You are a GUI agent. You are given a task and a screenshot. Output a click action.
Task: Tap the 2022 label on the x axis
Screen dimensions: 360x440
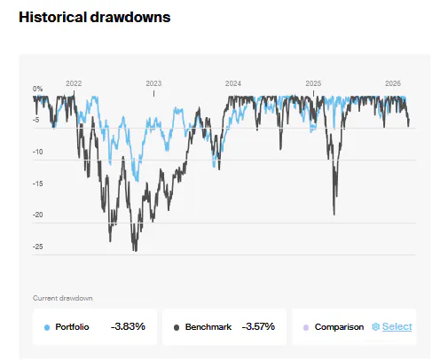(x=74, y=82)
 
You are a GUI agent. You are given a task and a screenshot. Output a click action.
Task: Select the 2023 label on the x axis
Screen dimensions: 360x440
(x=153, y=82)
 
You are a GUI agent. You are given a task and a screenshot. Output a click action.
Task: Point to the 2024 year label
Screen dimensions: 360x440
(x=233, y=82)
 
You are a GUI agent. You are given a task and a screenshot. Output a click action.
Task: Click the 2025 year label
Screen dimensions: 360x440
(x=313, y=82)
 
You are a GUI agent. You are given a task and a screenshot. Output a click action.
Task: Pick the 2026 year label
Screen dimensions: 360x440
(x=393, y=82)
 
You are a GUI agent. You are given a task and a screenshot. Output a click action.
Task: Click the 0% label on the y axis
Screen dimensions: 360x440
(x=38, y=89)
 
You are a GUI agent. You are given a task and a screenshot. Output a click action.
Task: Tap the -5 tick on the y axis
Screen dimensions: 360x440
(x=37, y=120)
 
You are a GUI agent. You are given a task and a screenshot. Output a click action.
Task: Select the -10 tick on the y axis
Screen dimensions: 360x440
(x=37, y=152)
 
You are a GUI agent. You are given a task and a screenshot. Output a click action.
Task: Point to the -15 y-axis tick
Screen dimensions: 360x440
(x=37, y=184)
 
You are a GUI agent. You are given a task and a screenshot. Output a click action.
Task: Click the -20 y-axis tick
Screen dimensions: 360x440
(x=37, y=215)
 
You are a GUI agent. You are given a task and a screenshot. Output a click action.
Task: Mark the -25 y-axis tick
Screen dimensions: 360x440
(x=37, y=247)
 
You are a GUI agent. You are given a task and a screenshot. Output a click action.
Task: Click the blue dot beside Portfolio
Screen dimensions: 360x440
(x=47, y=327)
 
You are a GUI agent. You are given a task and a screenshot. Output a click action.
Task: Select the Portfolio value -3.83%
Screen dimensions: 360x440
(x=129, y=327)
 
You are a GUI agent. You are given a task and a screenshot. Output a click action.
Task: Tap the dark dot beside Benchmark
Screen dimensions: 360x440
(x=176, y=327)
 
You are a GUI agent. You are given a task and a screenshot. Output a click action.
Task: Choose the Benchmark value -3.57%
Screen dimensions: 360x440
(x=257, y=327)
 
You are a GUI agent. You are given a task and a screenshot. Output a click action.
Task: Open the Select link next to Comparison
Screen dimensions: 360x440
(x=397, y=327)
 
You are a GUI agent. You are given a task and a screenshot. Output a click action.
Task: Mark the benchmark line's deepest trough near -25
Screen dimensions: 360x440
(x=135, y=250)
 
